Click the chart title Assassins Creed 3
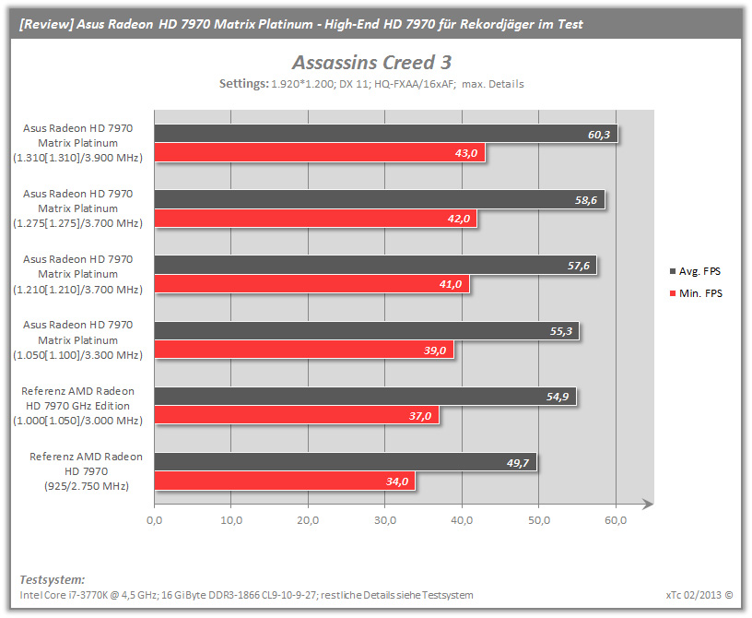(x=371, y=63)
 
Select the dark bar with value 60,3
(x=386, y=134)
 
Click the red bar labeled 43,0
(x=320, y=153)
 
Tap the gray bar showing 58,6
(x=380, y=199)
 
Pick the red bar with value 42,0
(x=315, y=219)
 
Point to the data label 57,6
(x=579, y=266)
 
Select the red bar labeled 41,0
(x=311, y=284)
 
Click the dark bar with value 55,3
(x=367, y=331)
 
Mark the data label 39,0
(x=434, y=351)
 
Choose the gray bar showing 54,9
(x=365, y=397)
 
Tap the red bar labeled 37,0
(x=297, y=415)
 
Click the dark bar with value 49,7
(x=346, y=462)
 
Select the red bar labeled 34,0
(x=285, y=481)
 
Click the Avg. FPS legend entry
(x=695, y=271)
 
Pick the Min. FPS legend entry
(x=696, y=293)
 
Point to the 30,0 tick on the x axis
(x=385, y=520)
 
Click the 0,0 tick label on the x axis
(x=155, y=520)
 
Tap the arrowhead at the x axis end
(x=649, y=504)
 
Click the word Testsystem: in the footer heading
(x=53, y=579)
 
